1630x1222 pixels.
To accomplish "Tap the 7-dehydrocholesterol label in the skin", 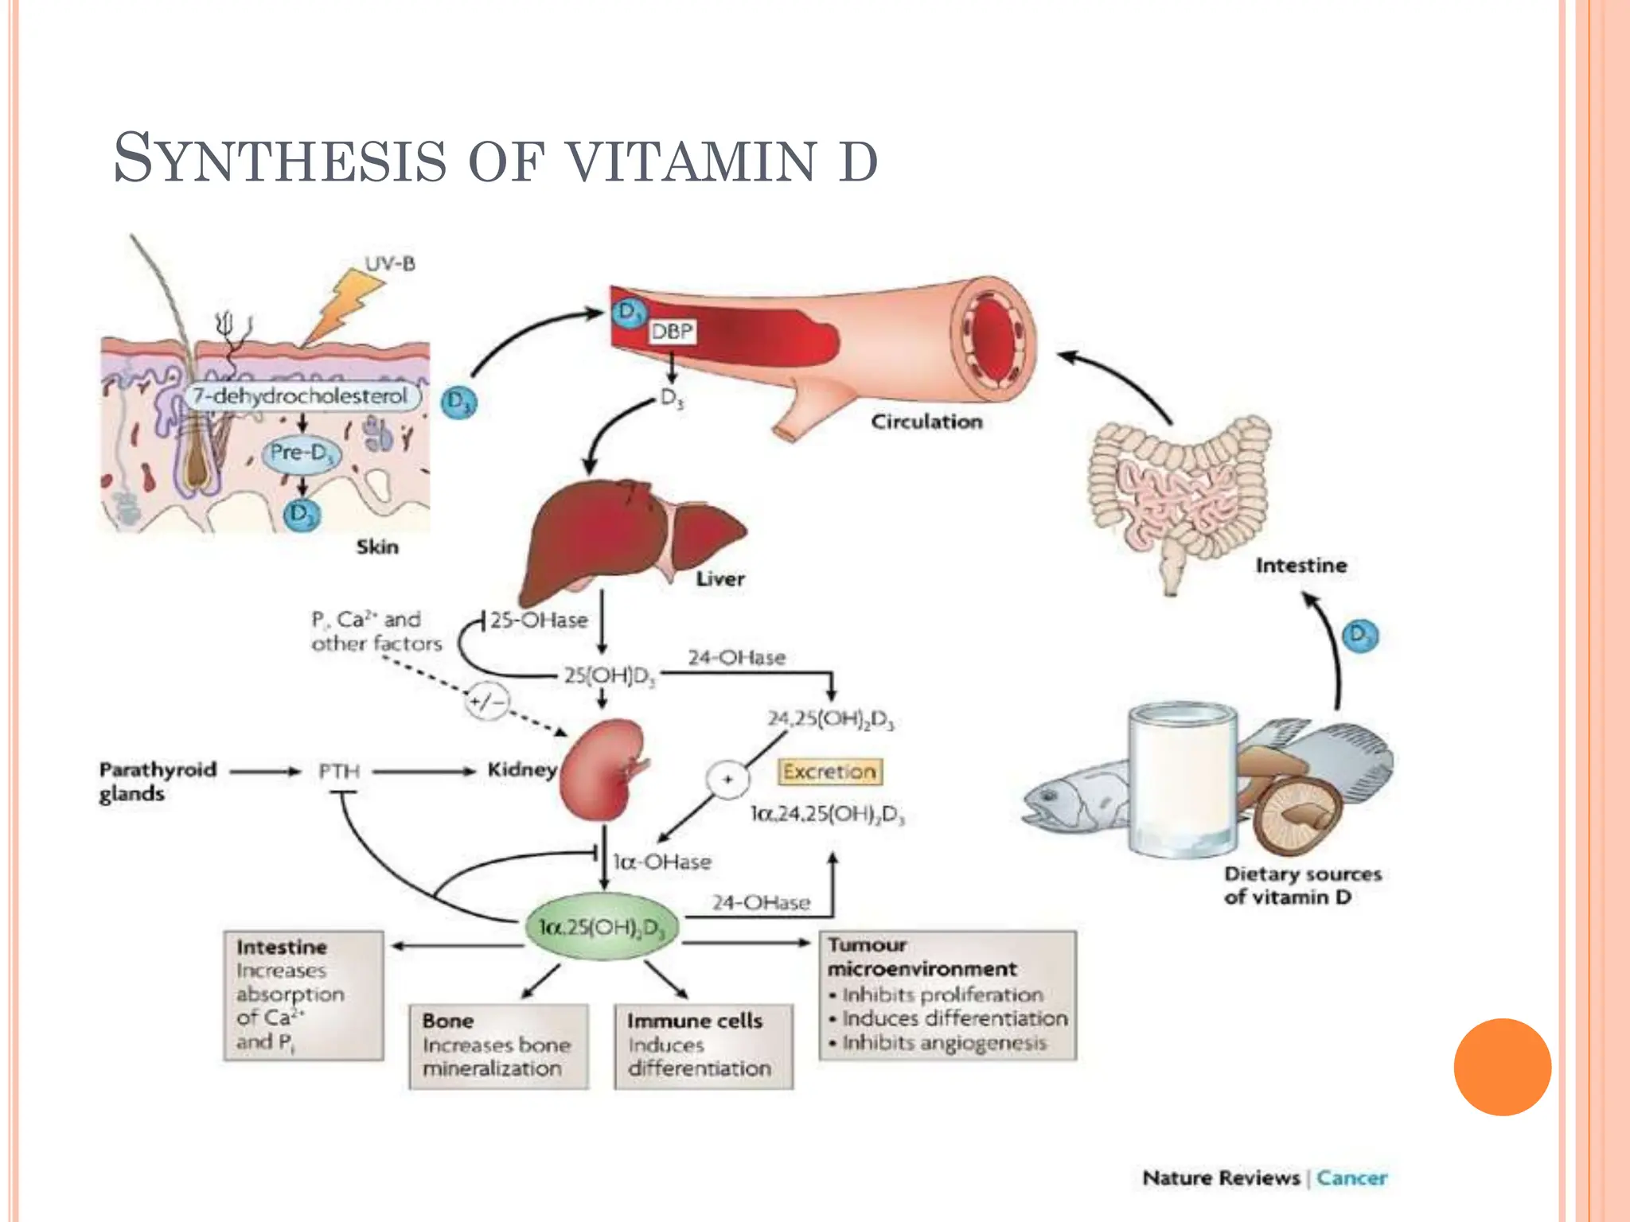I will pos(301,396).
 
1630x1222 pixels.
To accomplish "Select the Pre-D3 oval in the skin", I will pos(301,453).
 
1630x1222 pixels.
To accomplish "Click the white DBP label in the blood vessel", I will pos(672,331).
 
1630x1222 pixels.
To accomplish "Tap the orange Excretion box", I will pos(829,771).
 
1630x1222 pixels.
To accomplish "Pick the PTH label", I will pos(339,771).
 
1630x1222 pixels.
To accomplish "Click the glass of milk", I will pos(1182,780).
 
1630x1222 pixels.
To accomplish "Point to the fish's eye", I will pos(1047,795).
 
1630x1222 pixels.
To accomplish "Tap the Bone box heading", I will pos(448,1021).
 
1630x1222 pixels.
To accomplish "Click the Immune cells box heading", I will pos(694,1021).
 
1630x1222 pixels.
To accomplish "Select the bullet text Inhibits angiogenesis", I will pos(944,1042).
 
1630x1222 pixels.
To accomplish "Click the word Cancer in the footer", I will pos(1351,1177).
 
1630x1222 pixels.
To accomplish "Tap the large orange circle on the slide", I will pos(1502,1067).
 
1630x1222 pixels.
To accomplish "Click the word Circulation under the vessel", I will pos(926,422).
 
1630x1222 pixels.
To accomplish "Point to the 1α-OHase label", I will pos(661,862).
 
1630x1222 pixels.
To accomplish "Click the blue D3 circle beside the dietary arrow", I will pos(1359,635).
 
